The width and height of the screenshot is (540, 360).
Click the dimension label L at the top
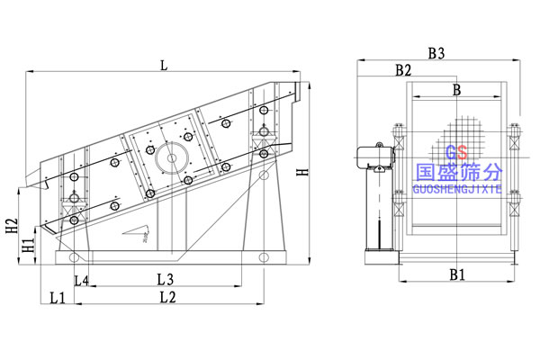(x=163, y=64)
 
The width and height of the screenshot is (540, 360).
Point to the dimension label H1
(x=28, y=244)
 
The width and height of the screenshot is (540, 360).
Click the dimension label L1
(x=56, y=296)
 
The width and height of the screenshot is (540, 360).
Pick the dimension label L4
(x=81, y=280)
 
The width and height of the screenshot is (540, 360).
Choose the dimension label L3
(x=165, y=280)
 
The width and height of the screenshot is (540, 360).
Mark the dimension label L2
(x=167, y=296)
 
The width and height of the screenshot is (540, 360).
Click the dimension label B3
(x=436, y=54)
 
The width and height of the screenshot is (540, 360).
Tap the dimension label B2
(x=402, y=69)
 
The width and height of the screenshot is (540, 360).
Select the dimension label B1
(x=457, y=274)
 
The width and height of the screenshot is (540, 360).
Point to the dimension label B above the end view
(x=456, y=89)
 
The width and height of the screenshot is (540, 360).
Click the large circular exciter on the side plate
(x=169, y=157)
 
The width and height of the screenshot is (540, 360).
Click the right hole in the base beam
(x=262, y=259)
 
